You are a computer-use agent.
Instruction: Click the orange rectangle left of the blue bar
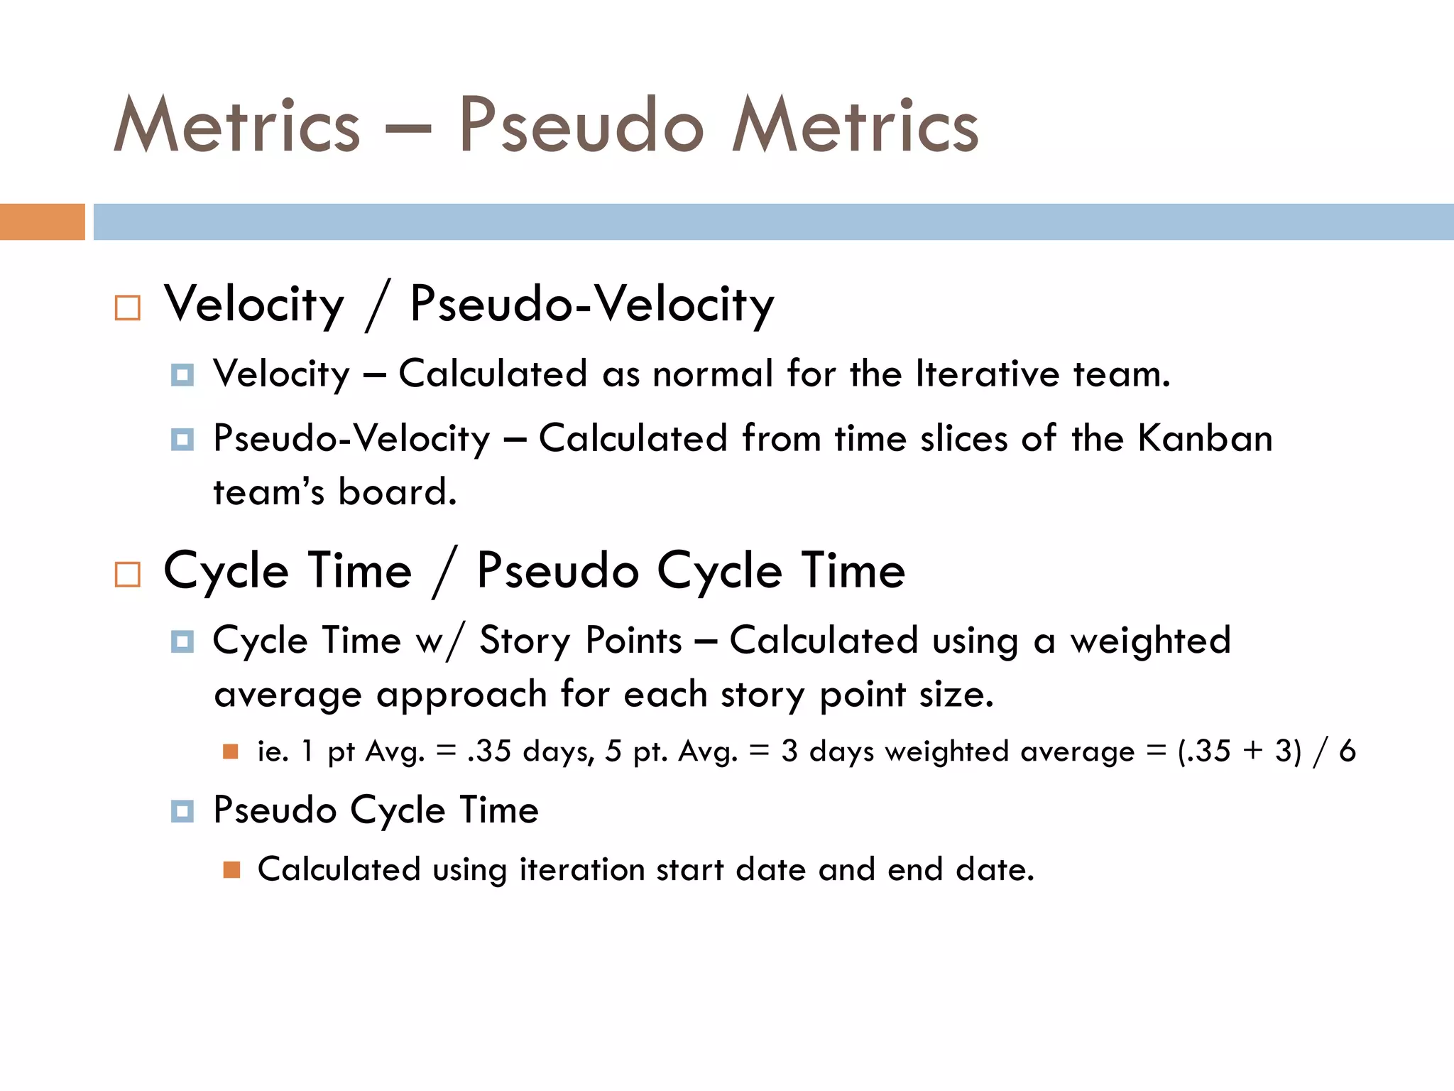coord(42,222)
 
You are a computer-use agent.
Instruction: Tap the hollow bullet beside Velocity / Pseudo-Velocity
coord(128,308)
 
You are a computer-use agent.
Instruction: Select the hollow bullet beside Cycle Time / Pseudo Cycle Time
coord(128,574)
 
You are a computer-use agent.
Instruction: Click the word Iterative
coord(988,374)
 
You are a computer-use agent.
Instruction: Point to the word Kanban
coord(1205,438)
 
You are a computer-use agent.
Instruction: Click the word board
coord(397,492)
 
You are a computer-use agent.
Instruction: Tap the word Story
coord(525,641)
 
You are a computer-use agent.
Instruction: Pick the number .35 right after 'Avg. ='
coord(489,751)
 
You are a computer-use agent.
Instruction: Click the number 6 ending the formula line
coord(1347,751)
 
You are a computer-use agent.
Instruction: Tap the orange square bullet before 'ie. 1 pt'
coord(231,751)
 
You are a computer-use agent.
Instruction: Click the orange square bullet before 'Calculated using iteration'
coord(231,869)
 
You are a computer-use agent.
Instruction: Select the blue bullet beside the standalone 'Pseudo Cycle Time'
coord(182,810)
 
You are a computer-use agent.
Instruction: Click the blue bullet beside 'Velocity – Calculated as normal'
coord(182,374)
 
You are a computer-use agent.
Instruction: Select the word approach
coord(461,695)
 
